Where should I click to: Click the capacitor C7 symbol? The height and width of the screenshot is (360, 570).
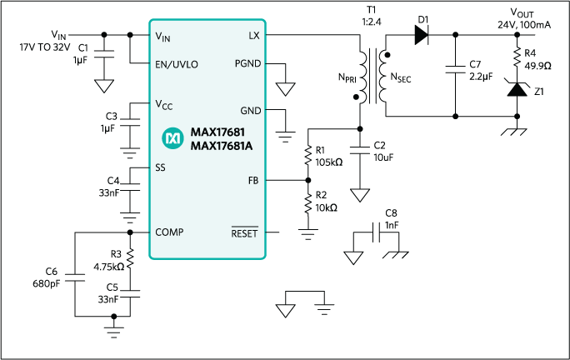pos(455,70)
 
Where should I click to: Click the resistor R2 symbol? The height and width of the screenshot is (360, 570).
pos(308,202)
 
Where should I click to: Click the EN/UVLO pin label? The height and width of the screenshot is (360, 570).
pos(179,62)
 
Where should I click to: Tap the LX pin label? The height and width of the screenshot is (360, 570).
pos(253,36)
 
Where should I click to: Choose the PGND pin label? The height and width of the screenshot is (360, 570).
pos(246,63)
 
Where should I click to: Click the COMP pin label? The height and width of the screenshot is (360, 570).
pos(171,232)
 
